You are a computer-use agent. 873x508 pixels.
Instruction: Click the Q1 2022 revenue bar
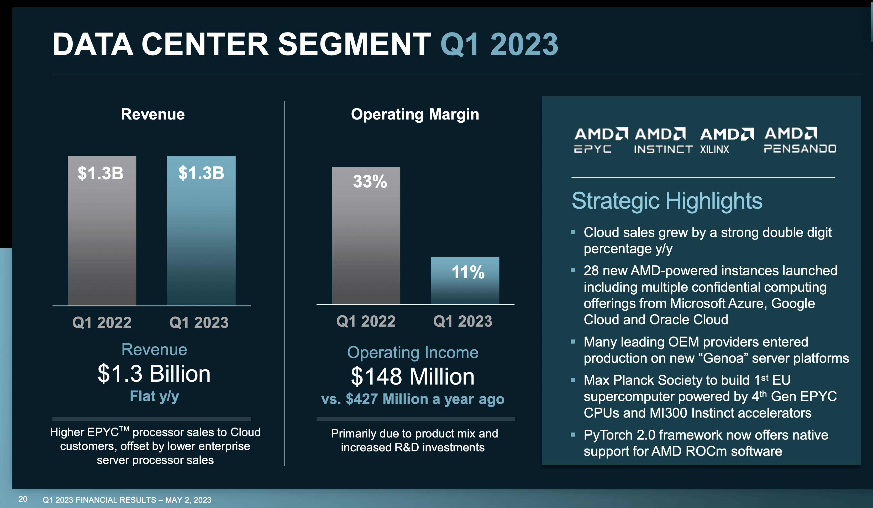(x=102, y=231)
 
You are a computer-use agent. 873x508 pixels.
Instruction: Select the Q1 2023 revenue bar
(x=201, y=231)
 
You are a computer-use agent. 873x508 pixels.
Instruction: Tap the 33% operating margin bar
(x=366, y=236)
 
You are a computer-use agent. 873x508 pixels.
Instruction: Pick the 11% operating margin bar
(x=465, y=281)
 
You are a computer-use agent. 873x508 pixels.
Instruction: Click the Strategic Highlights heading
(x=667, y=201)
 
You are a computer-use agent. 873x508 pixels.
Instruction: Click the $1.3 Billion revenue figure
(x=154, y=374)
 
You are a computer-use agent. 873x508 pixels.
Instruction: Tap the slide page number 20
(x=23, y=499)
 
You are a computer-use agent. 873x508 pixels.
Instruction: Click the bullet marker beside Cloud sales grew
(x=573, y=232)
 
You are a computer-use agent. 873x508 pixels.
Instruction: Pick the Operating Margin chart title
(x=415, y=115)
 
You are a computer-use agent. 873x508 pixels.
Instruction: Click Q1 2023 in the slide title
(x=499, y=44)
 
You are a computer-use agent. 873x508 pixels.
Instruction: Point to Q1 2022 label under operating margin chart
(x=366, y=321)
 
